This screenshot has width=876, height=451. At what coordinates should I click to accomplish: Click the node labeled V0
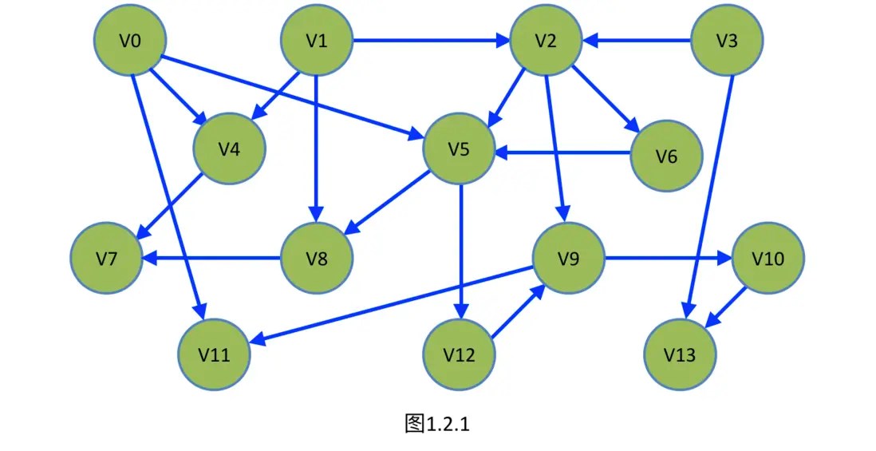click(130, 41)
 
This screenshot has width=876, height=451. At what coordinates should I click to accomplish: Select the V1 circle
click(318, 41)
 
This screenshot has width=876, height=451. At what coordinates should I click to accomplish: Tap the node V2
click(546, 41)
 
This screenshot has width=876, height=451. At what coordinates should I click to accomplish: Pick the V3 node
click(727, 41)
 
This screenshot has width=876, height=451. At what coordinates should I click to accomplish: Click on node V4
click(230, 148)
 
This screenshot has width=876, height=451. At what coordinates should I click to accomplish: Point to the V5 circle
click(459, 149)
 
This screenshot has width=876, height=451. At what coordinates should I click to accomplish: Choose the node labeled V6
click(667, 156)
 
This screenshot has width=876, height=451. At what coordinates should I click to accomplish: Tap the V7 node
click(107, 259)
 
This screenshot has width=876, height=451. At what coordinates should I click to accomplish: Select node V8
click(318, 259)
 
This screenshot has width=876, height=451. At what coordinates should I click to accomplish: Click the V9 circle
click(569, 259)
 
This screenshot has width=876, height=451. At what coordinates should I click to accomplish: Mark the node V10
click(768, 259)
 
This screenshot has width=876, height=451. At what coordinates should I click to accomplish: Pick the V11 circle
click(214, 355)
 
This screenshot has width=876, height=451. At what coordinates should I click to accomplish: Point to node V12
click(459, 355)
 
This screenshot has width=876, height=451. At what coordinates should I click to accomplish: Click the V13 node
click(680, 355)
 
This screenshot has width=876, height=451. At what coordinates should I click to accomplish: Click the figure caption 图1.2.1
click(437, 423)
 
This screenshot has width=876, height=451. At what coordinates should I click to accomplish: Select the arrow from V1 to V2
click(431, 41)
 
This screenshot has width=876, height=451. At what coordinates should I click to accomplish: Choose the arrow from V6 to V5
click(562, 151)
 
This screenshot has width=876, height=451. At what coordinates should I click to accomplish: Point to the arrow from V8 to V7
click(212, 259)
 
